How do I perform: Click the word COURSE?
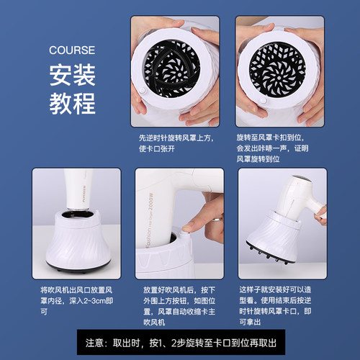click(x=71, y=51)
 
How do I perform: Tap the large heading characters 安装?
click(x=72, y=76)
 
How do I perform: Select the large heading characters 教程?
click(x=72, y=103)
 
